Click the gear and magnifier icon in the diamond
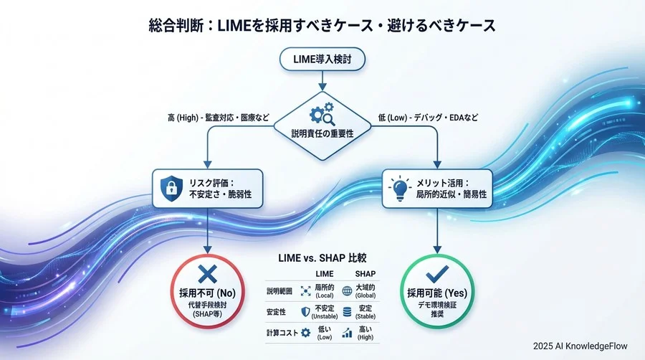pos(322,115)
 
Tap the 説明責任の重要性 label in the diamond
pos(322,133)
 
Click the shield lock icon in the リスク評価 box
pos(171,188)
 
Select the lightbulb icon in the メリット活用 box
pos(398,188)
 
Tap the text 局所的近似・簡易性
pos(453,195)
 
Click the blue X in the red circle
pos(207,273)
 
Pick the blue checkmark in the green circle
pos(436,273)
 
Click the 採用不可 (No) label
pos(207,293)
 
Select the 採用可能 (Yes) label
pos(436,293)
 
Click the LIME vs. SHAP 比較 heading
pos(322,257)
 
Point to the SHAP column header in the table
pos(365,275)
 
